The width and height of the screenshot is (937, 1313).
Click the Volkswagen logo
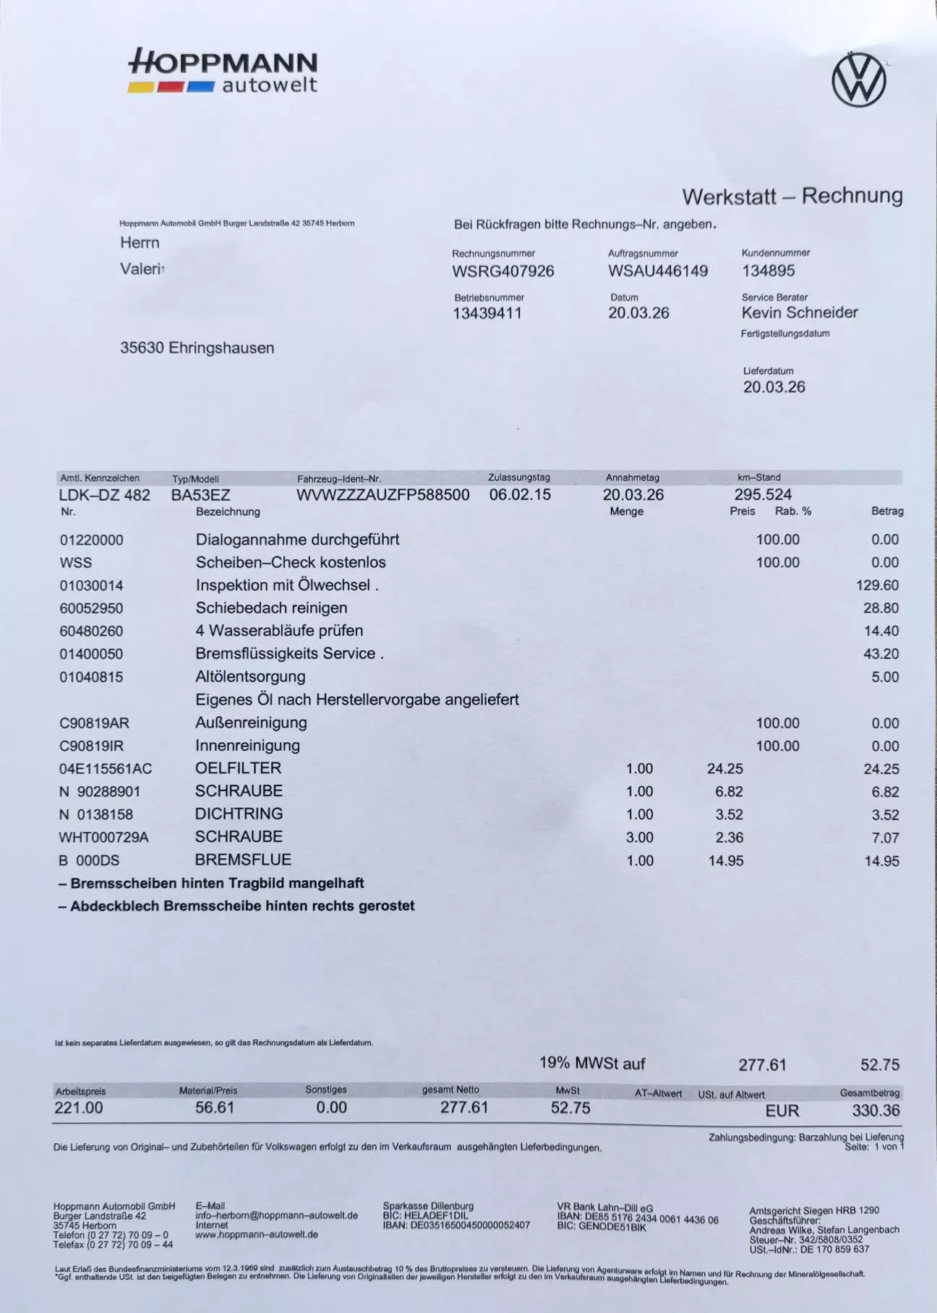859,79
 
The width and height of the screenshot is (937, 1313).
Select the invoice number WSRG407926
503,271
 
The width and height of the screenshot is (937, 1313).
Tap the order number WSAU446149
658,271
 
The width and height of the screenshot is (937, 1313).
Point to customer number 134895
768,271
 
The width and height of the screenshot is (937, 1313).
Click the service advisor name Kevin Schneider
800,313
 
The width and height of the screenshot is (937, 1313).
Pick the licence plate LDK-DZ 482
105,495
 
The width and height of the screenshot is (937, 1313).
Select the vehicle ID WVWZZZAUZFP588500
383,495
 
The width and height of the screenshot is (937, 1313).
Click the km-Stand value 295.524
763,495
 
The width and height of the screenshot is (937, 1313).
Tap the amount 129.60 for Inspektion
878,585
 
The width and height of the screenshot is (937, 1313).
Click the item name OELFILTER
239,768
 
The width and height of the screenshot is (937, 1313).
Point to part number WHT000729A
104,838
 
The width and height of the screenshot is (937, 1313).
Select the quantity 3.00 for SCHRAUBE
639,838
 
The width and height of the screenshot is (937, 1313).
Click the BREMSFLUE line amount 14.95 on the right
881,861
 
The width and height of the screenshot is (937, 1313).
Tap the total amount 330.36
876,1111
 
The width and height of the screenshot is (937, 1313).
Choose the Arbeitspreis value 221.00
79,1108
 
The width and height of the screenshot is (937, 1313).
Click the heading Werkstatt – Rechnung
792,196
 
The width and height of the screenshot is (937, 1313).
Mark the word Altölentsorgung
250,677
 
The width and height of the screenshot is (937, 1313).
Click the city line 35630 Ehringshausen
197,348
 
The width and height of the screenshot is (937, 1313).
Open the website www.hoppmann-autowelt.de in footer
257,1234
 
